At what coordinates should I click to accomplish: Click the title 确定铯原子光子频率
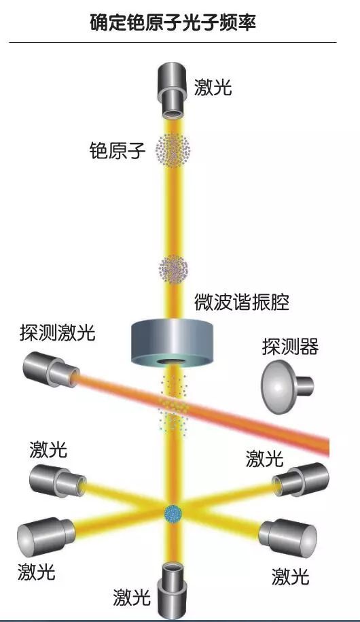[173, 22]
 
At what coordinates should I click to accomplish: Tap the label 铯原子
[118, 150]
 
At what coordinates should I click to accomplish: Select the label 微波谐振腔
[242, 303]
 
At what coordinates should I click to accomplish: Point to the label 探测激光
[58, 332]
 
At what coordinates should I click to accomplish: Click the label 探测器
[290, 347]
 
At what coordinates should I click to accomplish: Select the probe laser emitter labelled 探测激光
[50, 370]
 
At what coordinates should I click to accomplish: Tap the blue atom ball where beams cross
[173, 514]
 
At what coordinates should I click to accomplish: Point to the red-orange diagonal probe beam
[202, 409]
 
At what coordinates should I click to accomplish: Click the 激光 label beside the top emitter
[213, 87]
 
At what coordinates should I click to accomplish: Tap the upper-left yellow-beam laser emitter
[58, 481]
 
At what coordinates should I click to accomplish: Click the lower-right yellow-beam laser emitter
[288, 536]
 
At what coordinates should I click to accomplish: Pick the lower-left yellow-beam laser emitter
[46, 535]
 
